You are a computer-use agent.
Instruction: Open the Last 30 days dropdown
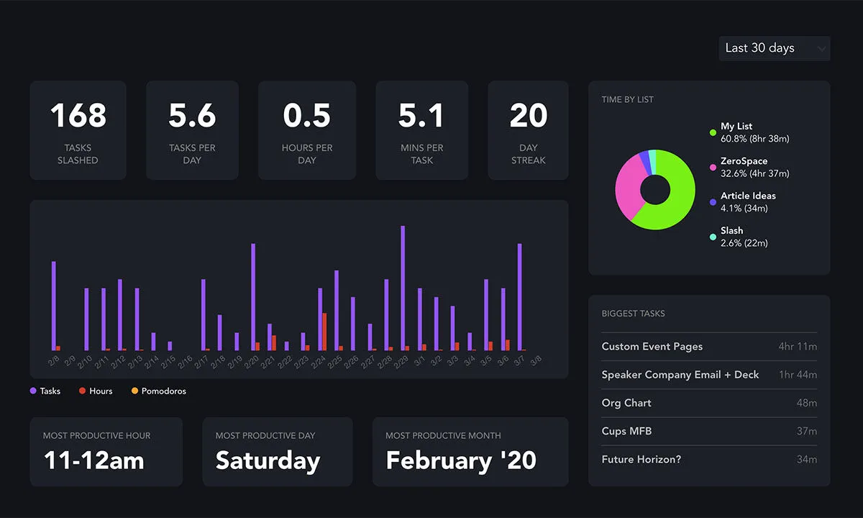click(774, 48)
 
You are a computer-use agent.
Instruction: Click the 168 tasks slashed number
click(78, 116)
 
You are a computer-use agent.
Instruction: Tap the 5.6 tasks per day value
click(192, 116)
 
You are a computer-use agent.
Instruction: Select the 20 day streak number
click(528, 116)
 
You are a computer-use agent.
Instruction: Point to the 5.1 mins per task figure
click(421, 116)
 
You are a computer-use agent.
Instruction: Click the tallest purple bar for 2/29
click(403, 288)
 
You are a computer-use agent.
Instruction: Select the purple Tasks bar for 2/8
click(53, 306)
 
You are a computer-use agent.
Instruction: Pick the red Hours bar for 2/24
click(324, 332)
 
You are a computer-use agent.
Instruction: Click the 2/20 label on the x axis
click(253, 361)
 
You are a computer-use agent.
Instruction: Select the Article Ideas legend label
click(748, 196)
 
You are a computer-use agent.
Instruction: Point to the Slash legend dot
click(713, 237)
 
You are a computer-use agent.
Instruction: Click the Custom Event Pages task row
click(708, 347)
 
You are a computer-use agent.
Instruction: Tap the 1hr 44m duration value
click(798, 375)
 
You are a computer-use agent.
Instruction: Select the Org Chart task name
click(626, 403)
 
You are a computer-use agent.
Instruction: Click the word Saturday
click(268, 460)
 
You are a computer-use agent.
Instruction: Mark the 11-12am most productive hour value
click(93, 460)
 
